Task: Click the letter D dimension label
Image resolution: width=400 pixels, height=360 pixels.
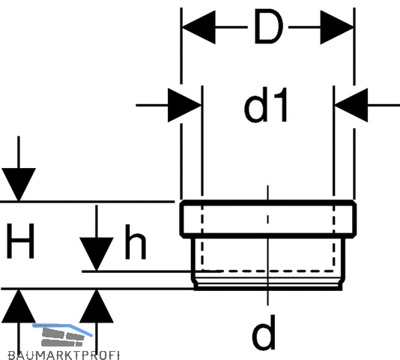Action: [x=269, y=26]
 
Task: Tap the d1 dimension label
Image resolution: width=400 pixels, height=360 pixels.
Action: [x=266, y=105]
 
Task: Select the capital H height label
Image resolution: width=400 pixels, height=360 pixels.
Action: [x=20, y=241]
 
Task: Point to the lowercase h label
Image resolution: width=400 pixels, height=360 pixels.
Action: [x=136, y=242]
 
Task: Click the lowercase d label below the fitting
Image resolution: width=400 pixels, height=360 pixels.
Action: [x=264, y=332]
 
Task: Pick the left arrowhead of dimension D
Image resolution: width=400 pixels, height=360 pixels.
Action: [x=199, y=27]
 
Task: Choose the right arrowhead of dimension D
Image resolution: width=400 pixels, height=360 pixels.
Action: [x=337, y=27]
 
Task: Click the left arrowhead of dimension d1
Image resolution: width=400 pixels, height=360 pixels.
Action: [x=185, y=105]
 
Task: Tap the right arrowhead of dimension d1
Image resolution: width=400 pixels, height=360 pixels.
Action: [x=351, y=105]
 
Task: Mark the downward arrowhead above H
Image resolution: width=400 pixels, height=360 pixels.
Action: [x=19, y=184]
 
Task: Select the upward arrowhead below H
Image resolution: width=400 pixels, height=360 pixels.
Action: [x=19, y=306]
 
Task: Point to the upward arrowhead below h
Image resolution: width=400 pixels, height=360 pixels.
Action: [x=97, y=306]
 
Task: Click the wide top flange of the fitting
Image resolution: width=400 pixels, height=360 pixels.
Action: [x=268, y=219]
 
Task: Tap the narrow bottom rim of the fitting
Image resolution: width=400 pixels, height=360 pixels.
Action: [x=268, y=285]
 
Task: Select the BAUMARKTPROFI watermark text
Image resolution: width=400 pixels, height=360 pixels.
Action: [x=64, y=355]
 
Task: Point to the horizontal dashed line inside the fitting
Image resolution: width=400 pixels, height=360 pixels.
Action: [x=268, y=271]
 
